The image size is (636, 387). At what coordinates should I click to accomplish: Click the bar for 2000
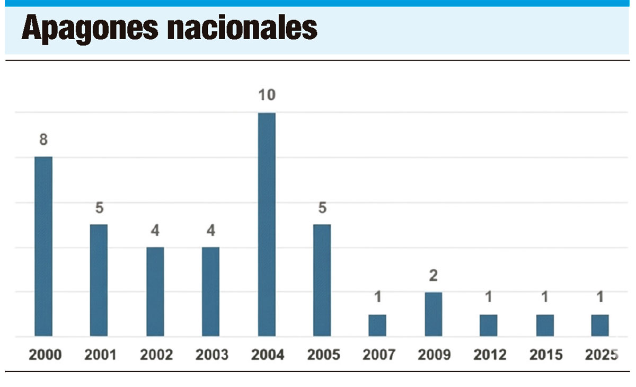point(43,247)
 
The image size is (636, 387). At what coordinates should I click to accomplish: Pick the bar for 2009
point(433,314)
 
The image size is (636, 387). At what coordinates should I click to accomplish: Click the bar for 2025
point(600,325)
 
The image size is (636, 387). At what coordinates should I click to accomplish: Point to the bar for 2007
point(377,325)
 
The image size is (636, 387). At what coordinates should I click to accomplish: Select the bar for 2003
point(210,292)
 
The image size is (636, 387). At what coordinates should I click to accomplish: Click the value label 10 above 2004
point(267,95)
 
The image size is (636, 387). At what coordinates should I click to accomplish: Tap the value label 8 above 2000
point(43,140)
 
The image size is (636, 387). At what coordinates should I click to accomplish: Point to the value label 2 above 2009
point(433,276)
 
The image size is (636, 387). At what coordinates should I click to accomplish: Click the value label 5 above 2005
point(322,208)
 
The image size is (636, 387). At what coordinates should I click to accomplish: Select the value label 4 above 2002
point(155,231)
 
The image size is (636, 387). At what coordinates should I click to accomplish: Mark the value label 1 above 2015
point(545,298)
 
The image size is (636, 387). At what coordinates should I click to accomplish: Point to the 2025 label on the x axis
point(602,355)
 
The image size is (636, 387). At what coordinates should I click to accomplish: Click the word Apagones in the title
point(90,29)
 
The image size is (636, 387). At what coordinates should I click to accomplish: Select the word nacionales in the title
point(242,29)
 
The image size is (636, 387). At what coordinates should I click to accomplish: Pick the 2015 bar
point(545,325)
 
